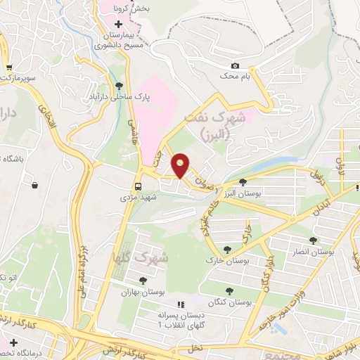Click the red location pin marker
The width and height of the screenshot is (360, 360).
pos(181,165)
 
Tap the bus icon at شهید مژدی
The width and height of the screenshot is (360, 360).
pos(138,186)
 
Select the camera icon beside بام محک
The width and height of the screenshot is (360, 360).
pos(235,66)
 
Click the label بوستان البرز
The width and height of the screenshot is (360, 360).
pos(238,193)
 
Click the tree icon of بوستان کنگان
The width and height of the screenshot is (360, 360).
pos(230,291)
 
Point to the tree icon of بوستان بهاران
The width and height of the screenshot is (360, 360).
pos(143,281)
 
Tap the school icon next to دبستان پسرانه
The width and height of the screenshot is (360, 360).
pos(181,305)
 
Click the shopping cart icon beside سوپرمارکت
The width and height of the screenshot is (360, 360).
pos(8,68)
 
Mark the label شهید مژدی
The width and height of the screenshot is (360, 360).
pos(139,197)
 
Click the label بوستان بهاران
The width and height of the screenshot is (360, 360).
pos(142,290)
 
